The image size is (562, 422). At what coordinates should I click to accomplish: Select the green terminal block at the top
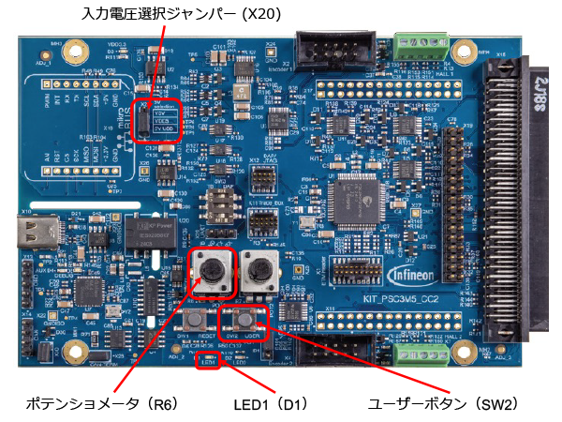(421, 44)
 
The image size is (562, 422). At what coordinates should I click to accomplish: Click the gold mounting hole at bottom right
(460, 353)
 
